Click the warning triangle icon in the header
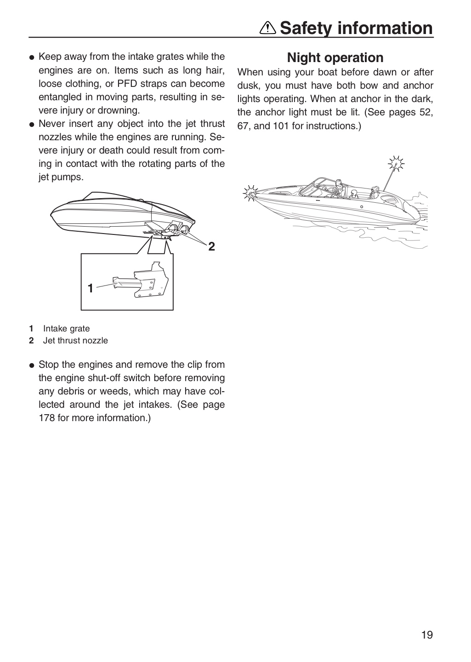click(x=268, y=29)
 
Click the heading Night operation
click(x=335, y=57)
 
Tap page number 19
click(x=427, y=634)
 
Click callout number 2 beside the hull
click(x=211, y=246)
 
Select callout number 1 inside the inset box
click(x=91, y=288)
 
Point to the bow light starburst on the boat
click(x=250, y=193)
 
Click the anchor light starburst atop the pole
click(x=396, y=164)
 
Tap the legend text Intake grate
click(x=67, y=328)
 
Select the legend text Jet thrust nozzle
click(x=75, y=341)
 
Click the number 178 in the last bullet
click(x=47, y=418)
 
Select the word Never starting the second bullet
click(x=51, y=124)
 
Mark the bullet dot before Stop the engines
click(x=32, y=366)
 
